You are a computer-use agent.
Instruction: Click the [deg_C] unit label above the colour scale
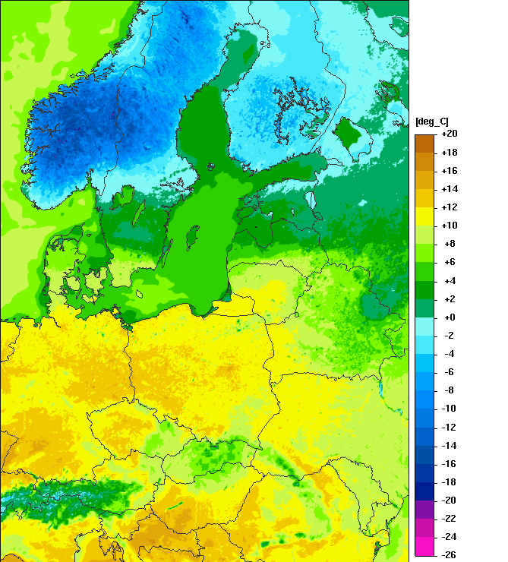click(432, 122)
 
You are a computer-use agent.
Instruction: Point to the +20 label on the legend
click(449, 134)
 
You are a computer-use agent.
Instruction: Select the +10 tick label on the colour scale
click(449, 226)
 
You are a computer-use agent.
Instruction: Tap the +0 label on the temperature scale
click(449, 317)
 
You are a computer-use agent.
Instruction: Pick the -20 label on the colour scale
click(449, 500)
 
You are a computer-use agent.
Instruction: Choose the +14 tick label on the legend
click(449, 189)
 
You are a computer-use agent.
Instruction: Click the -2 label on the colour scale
click(449, 336)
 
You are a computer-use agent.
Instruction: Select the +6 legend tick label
click(449, 262)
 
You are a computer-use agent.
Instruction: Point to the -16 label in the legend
click(449, 464)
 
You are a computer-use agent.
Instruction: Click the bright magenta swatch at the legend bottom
click(424, 546)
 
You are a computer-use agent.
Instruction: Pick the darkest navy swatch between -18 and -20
click(424, 491)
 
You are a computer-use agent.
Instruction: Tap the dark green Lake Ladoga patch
click(349, 134)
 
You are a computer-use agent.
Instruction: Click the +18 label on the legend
click(449, 152)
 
